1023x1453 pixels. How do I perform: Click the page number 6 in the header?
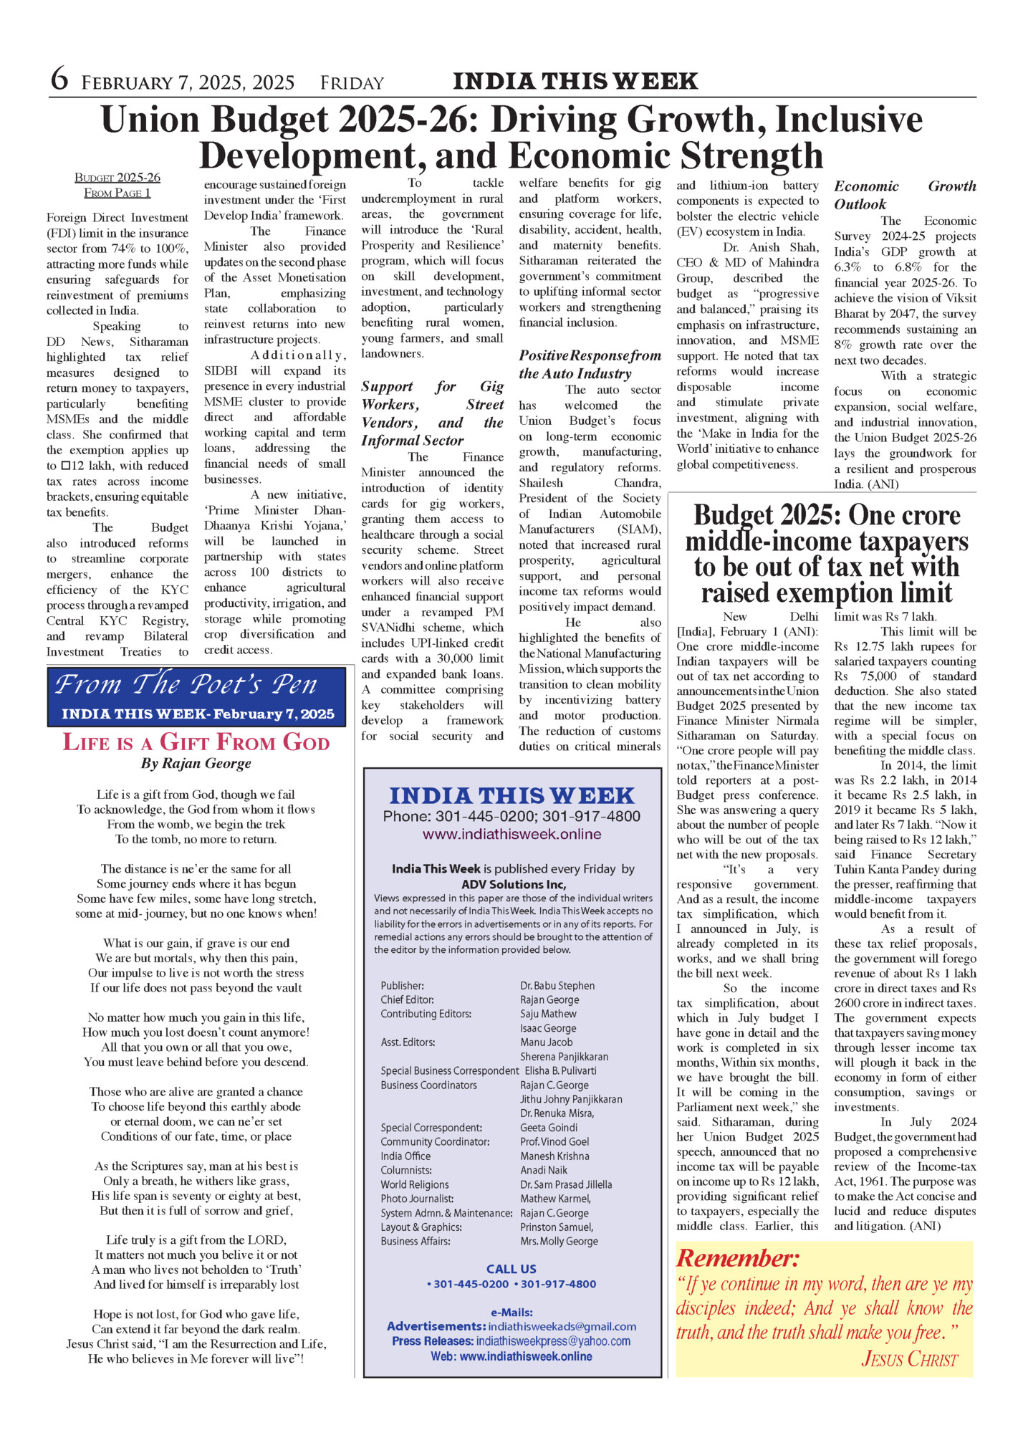point(59,80)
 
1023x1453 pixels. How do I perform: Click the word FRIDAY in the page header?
point(352,83)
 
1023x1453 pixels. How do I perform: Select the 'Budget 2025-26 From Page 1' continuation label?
point(117,185)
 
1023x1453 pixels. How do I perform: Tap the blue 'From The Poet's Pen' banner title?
point(186,684)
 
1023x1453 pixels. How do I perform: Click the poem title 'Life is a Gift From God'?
point(196,742)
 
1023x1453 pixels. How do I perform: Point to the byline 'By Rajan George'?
point(196,763)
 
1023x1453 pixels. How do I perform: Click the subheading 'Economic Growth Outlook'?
point(904,195)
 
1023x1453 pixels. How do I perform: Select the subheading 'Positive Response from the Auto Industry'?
point(590,364)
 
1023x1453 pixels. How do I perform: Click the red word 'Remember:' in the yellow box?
point(738,1258)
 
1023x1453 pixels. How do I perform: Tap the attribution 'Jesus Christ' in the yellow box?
point(909,1359)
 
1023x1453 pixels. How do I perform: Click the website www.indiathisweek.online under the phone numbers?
point(511,834)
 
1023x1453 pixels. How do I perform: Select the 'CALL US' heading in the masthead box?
point(511,1269)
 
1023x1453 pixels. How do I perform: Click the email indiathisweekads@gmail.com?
point(562,1326)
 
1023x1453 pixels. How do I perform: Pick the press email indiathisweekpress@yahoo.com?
point(553,1341)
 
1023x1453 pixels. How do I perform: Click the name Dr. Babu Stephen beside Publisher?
point(557,986)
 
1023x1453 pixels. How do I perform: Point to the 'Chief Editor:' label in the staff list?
point(407,999)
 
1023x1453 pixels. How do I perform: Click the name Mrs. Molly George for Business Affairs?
point(559,1241)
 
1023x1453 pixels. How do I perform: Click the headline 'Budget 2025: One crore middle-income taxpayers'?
point(826,554)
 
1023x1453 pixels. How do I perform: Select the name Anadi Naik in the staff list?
point(544,1170)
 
